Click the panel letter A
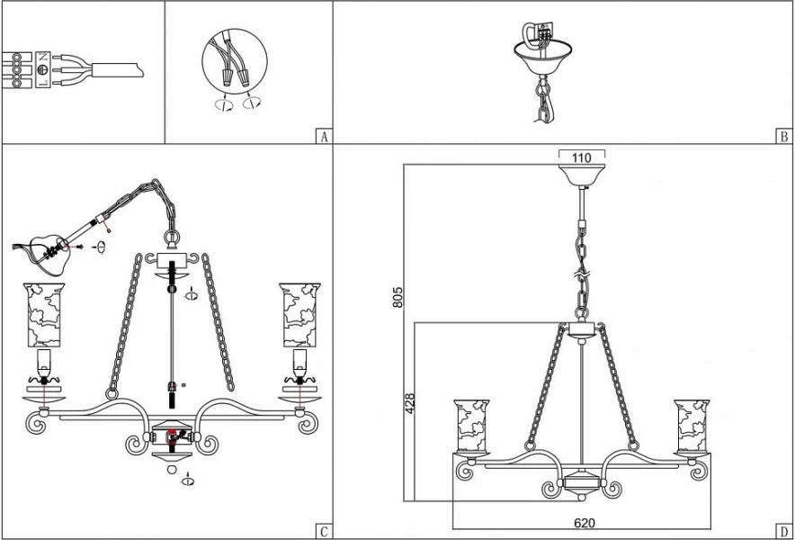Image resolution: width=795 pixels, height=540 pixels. [325, 137]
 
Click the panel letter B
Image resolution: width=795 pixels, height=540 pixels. [784, 137]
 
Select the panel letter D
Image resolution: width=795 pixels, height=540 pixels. [784, 531]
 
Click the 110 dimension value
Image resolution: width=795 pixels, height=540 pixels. [582, 157]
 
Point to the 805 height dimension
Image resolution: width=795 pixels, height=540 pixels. [398, 296]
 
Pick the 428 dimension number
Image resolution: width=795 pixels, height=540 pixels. [410, 403]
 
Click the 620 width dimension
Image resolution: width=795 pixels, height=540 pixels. [584, 523]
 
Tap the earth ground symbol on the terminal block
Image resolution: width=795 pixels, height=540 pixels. [43, 70]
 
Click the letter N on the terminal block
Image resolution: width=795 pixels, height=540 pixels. [43, 57]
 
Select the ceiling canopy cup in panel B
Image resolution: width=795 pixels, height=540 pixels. [543, 58]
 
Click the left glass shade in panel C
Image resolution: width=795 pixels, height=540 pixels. [44, 315]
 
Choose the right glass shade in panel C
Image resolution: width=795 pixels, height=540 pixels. [300, 315]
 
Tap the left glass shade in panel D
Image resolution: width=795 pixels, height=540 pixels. [471, 426]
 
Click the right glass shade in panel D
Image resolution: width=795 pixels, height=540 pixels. [692, 426]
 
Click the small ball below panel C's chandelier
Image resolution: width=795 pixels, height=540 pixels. [173, 470]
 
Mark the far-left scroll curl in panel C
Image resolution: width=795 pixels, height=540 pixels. [35, 424]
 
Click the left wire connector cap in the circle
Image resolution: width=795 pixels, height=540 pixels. [225, 78]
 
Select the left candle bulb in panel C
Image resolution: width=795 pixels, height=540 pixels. [44, 362]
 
